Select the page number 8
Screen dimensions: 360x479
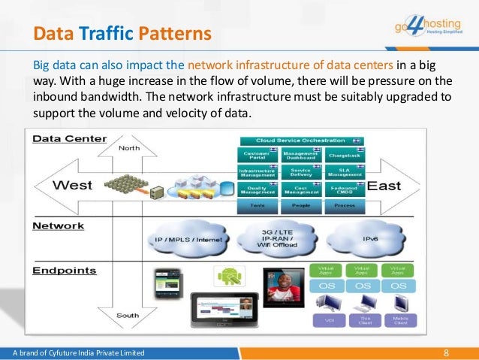tap(447, 352)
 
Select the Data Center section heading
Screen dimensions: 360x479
tap(68, 139)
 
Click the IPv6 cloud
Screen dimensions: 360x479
tap(370, 239)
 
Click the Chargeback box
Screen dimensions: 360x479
tap(345, 155)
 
